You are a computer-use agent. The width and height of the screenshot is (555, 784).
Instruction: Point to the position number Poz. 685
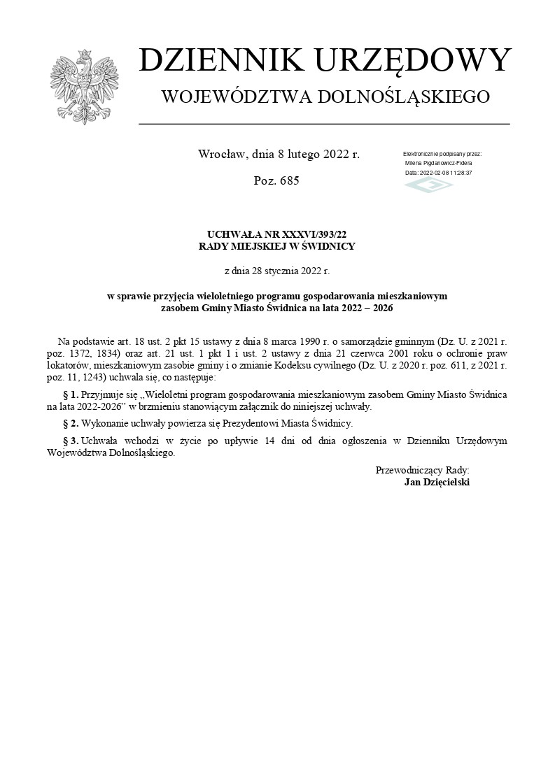pos(276,181)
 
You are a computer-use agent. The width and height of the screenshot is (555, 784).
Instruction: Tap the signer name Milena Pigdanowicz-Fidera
pos(438,162)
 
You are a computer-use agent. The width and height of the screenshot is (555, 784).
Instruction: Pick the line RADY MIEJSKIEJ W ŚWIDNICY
pos(277,246)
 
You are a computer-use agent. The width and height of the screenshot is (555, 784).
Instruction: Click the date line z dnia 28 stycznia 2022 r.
pos(276,269)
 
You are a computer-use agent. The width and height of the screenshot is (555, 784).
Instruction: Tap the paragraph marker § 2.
pos(71,423)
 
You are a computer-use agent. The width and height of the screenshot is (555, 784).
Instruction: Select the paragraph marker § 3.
pos(71,441)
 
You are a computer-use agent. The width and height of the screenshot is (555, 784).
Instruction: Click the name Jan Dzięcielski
pos(437,482)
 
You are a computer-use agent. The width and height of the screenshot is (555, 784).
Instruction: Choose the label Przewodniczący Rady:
pos(422,471)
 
